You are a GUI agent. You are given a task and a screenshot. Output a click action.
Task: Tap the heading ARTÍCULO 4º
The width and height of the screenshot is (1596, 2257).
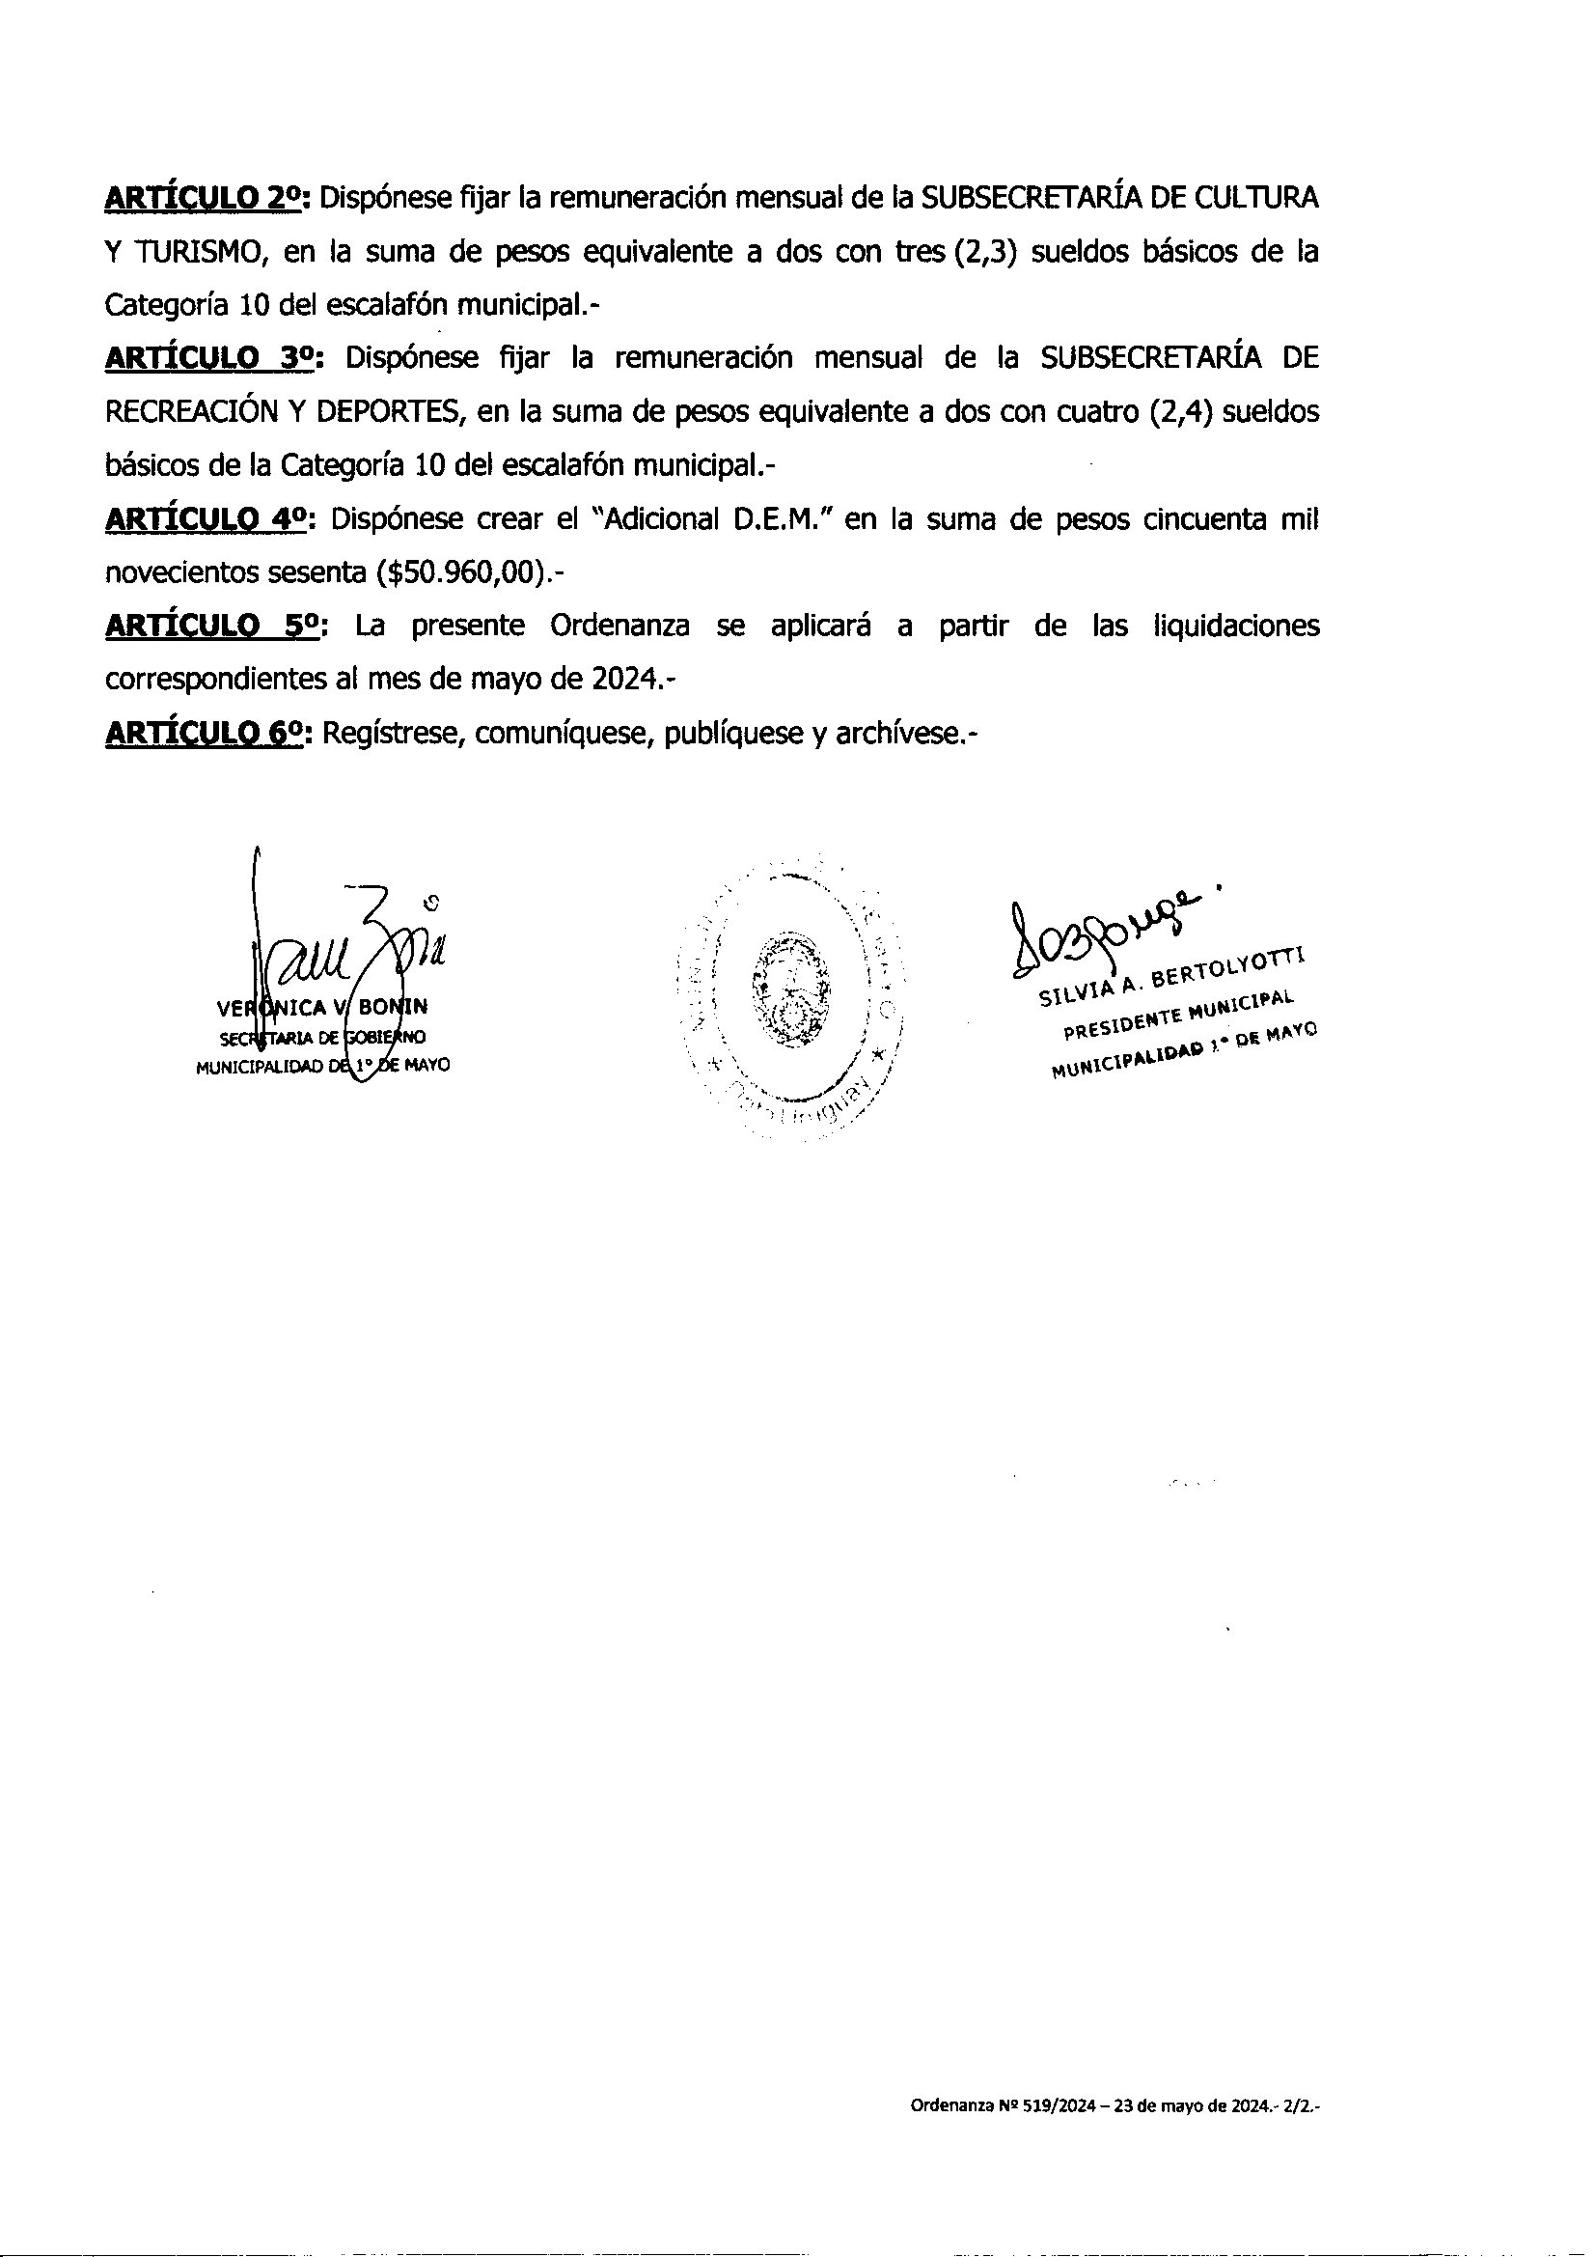[x=208, y=519]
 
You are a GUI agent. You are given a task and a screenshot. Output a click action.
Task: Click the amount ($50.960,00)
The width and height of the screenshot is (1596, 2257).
[x=465, y=573]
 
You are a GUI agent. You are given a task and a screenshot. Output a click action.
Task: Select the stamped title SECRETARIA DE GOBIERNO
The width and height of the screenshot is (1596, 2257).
[x=321, y=1038]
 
